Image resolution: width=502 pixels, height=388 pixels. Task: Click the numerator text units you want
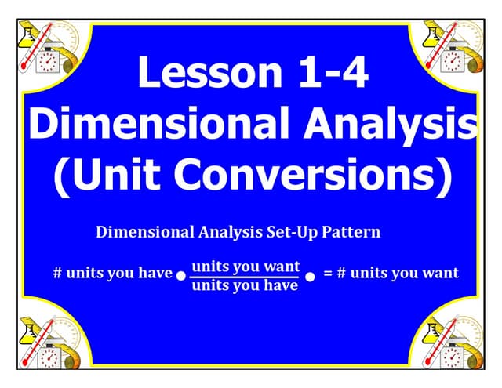(246, 266)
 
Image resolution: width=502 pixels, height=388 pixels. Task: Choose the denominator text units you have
(246, 285)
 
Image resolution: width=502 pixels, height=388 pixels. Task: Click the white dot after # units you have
(181, 277)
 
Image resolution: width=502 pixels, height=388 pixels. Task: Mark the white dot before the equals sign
(310, 277)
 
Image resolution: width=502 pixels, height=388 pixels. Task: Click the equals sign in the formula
(329, 274)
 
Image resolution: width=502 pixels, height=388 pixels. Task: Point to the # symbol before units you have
(57, 274)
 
